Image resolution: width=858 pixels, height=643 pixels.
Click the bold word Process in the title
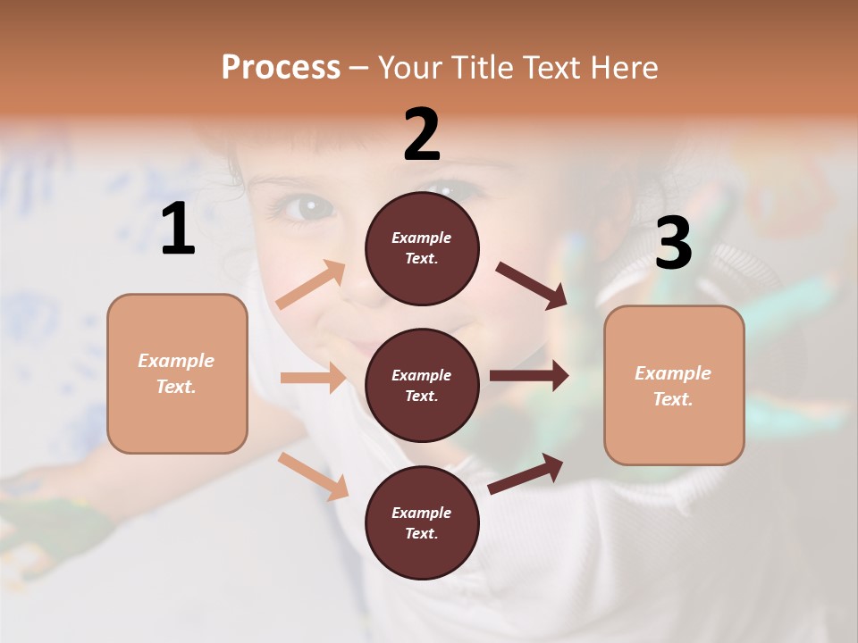pyautogui.click(x=281, y=67)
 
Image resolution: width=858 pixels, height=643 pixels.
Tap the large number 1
pyautogui.click(x=178, y=230)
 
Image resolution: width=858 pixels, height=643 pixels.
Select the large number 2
pyautogui.click(x=422, y=135)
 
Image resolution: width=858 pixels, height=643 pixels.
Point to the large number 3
pyautogui.click(x=674, y=243)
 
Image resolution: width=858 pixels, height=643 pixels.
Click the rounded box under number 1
pyautogui.click(x=177, y=373)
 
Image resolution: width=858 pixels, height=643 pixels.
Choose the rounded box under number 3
pyautogui.click(x=674, y=385)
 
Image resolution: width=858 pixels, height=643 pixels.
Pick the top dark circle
pyautogui.click(x=422, y=248)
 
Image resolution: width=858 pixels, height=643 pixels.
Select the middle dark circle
pyautogui.click(x=422, y=385)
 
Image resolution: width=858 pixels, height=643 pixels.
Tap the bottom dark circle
pyautogui.click(x=422, y=522)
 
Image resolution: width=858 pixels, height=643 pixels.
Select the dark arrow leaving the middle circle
pyautogui.click(x=529, y=375)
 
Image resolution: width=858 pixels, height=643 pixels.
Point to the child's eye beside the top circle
pyautogui.click(x=307, y=208)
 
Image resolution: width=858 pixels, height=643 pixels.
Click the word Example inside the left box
pyautogui.click(x=176, y=361)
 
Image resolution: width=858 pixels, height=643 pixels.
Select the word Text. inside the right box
pyautogui.click(x=673, y=399)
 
